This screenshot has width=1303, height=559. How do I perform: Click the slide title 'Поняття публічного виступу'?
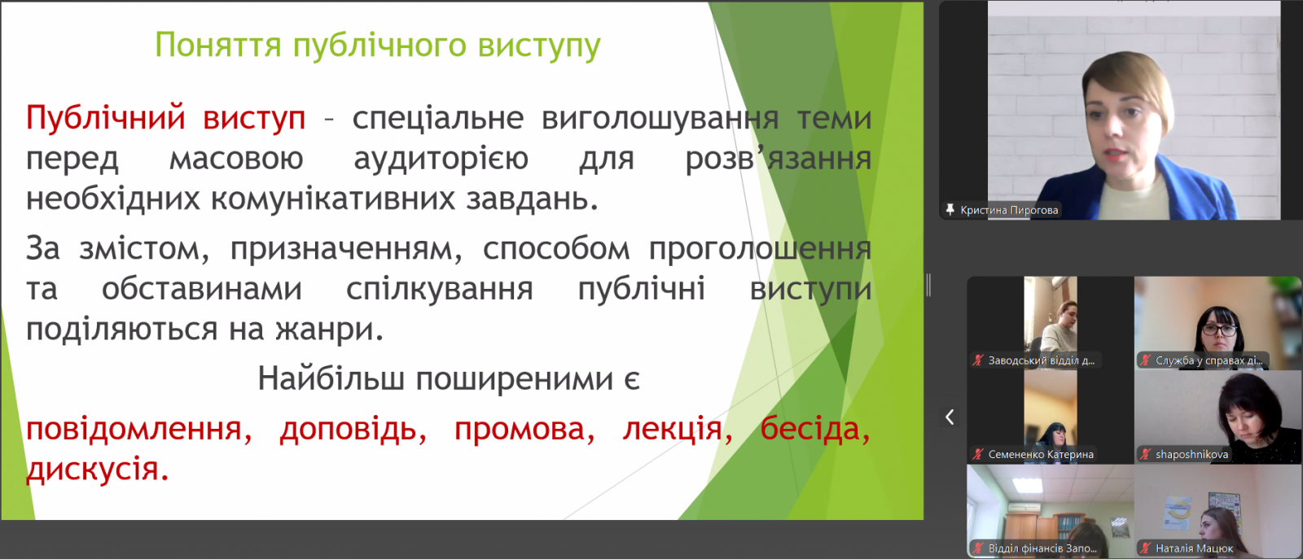tap(378, 46)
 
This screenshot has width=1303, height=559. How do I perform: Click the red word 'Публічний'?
tap(105, 117)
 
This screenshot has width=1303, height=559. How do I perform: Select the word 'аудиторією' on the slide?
tap(441, 159)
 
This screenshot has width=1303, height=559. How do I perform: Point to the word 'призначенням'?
tap(346, 250)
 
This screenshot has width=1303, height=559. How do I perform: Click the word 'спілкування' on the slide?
tap(439, 290)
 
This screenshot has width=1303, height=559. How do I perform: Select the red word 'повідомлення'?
tap(139, 430)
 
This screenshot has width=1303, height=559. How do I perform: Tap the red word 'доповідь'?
tap(353, 430)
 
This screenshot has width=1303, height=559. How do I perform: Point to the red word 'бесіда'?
tap(815, 430)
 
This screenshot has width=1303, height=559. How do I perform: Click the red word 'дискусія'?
tap(97, 469)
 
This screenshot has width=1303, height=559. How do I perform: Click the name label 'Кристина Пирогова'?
tap(1009, 210)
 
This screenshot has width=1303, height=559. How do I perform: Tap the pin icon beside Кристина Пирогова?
tap(950, 210)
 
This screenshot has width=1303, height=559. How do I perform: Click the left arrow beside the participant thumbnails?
tap(950, 417)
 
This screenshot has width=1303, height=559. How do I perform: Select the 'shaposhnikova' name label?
tap(1191, 454)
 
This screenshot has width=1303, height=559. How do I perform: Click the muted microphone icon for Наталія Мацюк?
tap(1145, 548)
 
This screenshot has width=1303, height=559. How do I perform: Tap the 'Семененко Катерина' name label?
tap(1041, 454)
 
